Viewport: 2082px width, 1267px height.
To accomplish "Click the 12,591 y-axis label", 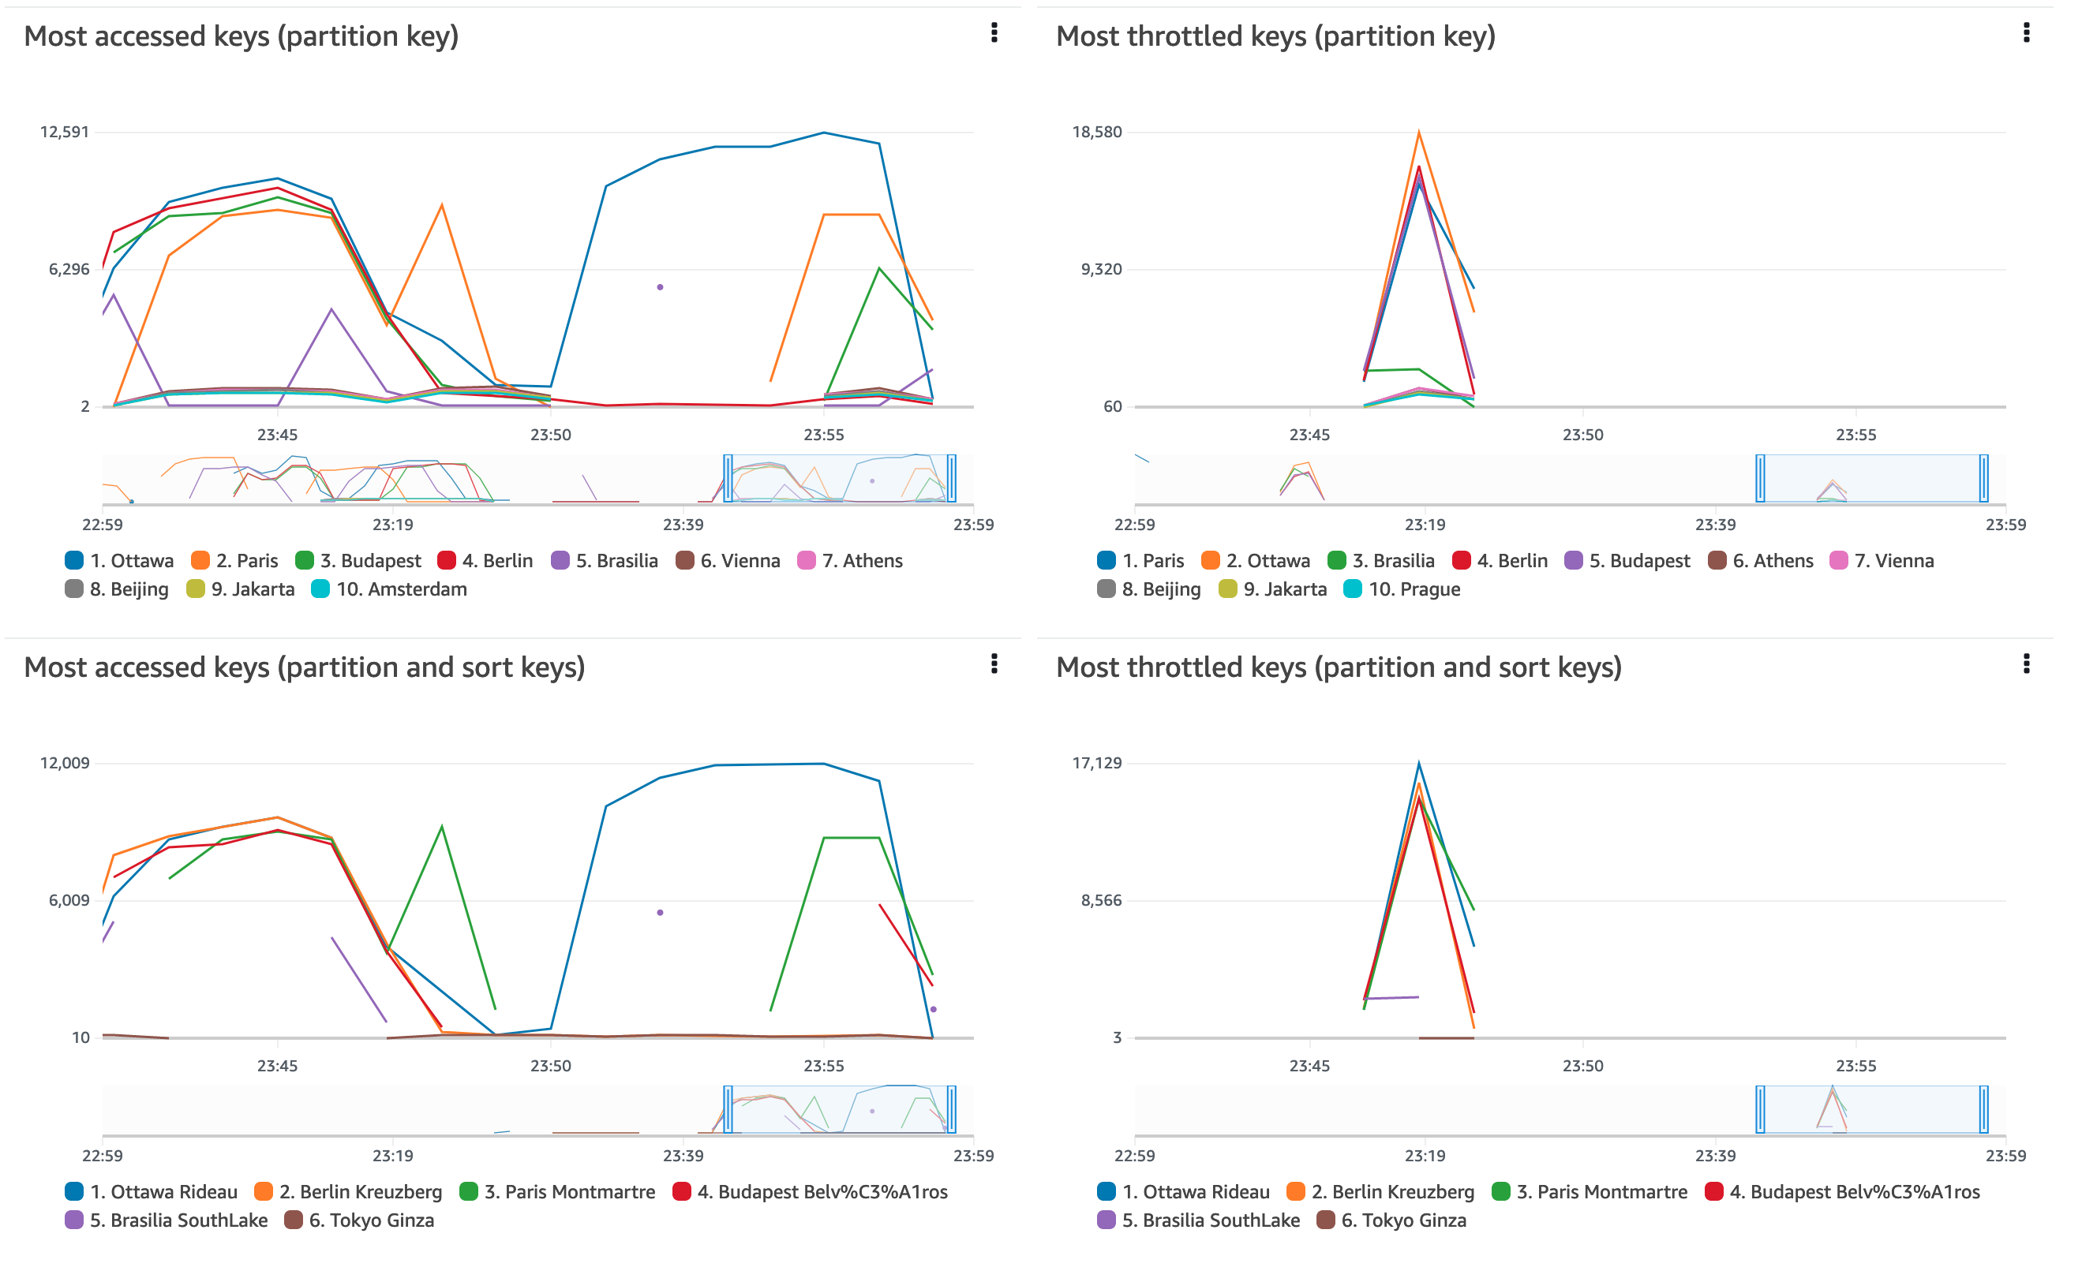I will (64, 133).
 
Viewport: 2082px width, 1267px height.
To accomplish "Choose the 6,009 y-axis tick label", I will (69, 907).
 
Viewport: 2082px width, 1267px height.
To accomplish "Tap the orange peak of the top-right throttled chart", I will (1429, 133).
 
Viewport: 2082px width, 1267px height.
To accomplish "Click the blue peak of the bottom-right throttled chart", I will (1429, 768).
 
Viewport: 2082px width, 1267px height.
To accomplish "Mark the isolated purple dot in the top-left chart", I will (665, 290).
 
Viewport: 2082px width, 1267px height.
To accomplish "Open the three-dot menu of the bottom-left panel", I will (1002, 669).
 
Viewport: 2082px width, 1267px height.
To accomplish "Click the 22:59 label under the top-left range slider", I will (103, 529).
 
